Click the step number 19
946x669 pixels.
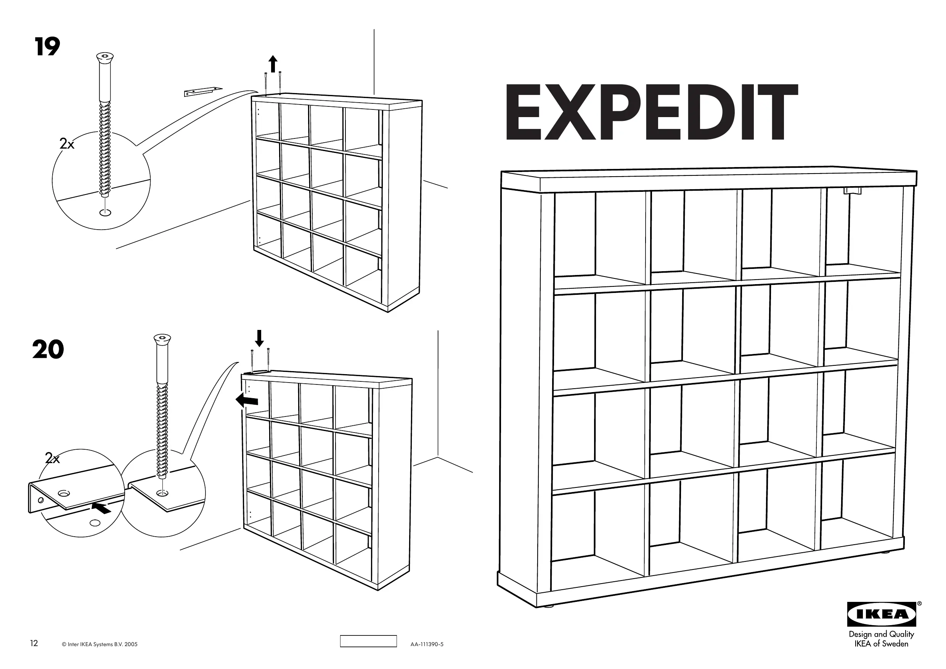[47, 47]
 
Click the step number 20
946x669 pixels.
[48, 349]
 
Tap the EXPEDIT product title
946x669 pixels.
[651, 113]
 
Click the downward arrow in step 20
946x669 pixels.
[259, 338]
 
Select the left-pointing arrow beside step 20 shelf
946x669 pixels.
[247, 400]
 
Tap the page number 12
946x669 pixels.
[34, 643]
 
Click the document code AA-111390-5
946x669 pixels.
[427, 644]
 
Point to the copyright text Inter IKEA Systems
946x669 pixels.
[99, 644]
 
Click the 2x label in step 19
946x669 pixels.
[67, 144]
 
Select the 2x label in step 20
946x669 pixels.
[52, 458]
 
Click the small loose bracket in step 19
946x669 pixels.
[202, 91]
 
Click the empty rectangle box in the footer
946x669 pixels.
[368, 641]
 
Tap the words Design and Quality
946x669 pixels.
[881, 634]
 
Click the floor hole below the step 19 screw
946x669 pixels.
[106, 213]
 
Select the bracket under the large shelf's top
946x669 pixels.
[853, 190]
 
